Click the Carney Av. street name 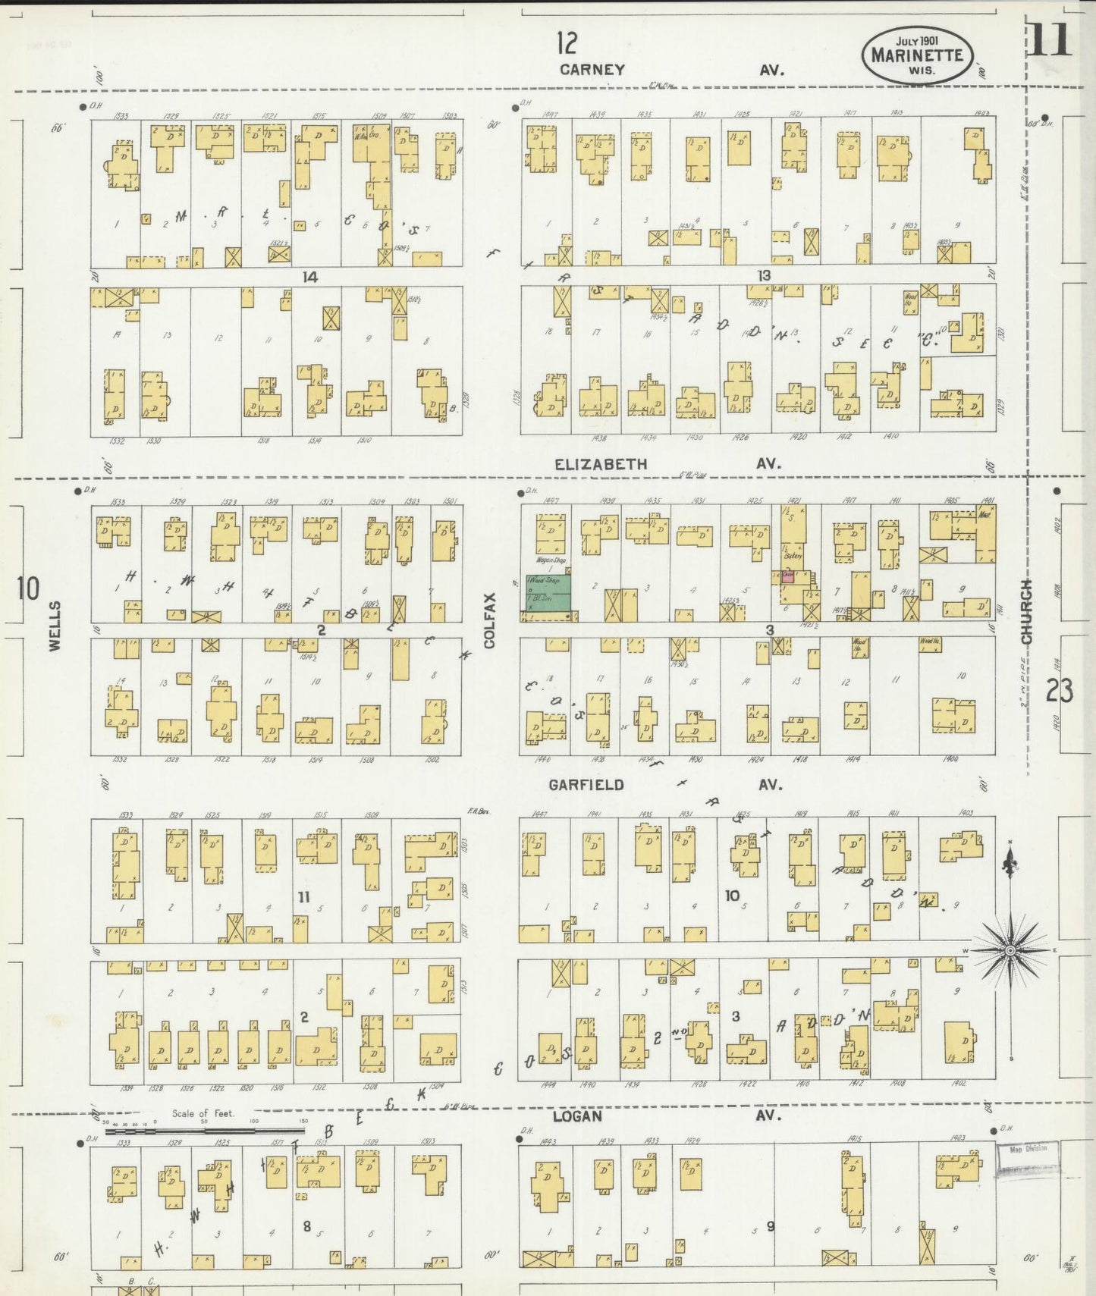[592, 70]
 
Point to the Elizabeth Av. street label [601, 464]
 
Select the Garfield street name [586, 785]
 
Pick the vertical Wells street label [55, 626]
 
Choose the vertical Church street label [1027, 612]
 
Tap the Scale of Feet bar [205, 1129]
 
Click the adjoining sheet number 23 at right [1059, 691]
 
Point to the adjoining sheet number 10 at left [28, 588]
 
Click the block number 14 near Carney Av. [309, 277]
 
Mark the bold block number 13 [764, 275]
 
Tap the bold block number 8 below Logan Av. [307, 1225]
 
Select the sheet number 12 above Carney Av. [566, 43]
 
